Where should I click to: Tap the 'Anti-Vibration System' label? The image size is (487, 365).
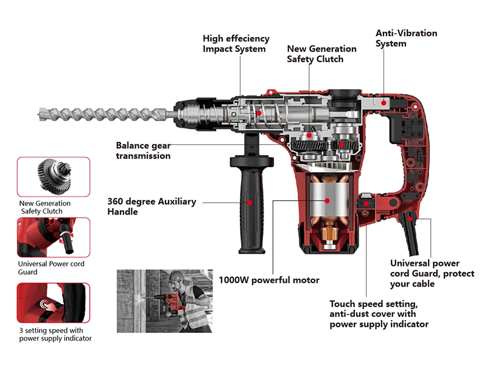tap(406, 38)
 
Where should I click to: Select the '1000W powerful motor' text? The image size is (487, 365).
tap(269, 280)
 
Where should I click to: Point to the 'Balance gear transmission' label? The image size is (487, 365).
tap(143, 150)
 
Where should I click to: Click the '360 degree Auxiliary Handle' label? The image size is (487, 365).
tap(152, 206)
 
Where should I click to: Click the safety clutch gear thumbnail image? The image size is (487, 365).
tap(53, 176)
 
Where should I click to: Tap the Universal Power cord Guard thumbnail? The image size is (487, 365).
tap(53, 237)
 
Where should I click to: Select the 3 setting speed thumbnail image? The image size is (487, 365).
tap(53, 302)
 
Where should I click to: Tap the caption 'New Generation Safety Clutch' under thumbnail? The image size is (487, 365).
tap(45, 207)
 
